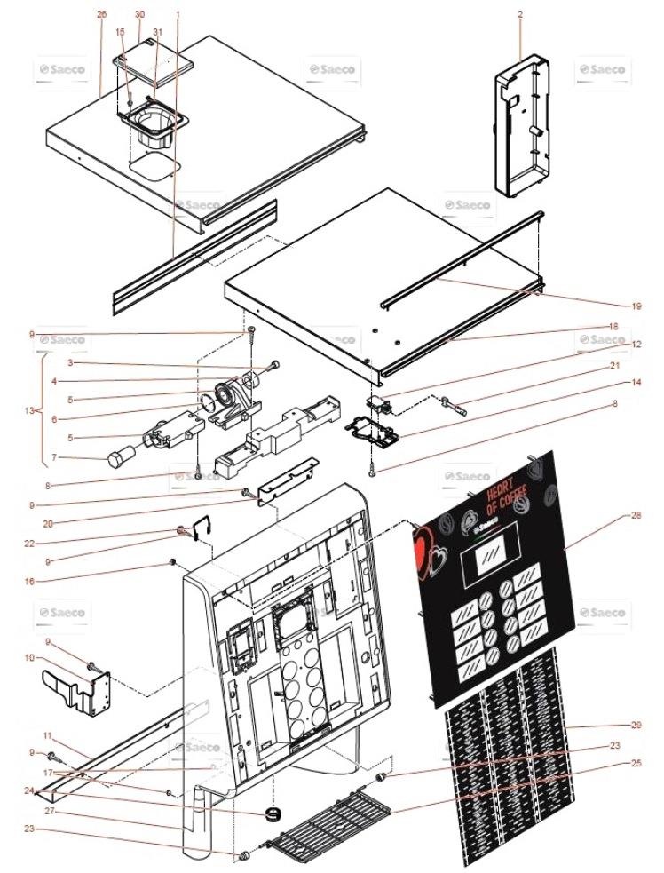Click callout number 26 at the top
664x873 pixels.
pos(100,15)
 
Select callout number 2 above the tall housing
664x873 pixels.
pos(520,14)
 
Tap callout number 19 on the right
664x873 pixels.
pos(636,306)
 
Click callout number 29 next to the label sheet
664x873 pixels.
pos(636,726)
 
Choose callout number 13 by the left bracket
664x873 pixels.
pos(30,411)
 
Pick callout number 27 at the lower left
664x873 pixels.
pos(50,812)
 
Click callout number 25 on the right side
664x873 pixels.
pos(636,763)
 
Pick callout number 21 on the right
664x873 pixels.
pos(636,366)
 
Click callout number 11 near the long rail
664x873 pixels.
pos(50,736)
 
